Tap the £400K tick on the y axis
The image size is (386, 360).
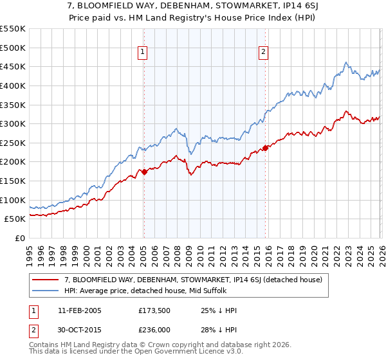(x=13, y=85)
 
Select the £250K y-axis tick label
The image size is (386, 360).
(x=13, y=143)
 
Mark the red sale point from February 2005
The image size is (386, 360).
(x=144, y=172)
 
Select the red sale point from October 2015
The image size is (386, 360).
(x=266, y=148)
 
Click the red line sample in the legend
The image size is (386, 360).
(x=47, y=280)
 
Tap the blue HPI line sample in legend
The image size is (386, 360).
(x=47, y=291)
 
